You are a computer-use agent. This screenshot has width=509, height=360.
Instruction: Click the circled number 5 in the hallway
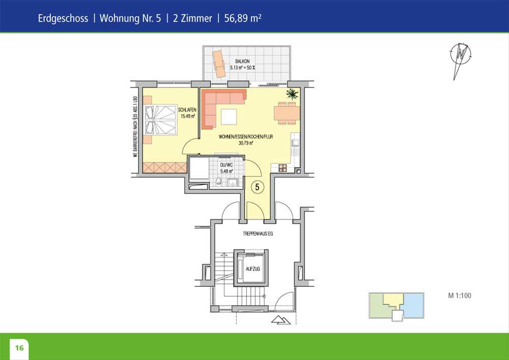coord(257,187)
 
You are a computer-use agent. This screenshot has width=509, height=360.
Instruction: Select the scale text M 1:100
coord(459,295)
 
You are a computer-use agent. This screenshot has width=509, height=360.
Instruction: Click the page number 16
coord(20,348)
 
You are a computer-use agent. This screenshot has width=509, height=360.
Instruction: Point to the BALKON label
coord(242,61)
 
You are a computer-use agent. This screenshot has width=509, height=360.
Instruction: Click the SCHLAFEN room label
coord(187,110)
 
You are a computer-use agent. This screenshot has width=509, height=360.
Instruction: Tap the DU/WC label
coord(227,165)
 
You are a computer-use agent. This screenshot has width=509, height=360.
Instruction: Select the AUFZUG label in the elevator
coord(253,269)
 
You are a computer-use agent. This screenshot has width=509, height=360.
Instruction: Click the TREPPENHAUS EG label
coord(258,233)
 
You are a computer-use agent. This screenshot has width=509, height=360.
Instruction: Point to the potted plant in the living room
coord(292,93)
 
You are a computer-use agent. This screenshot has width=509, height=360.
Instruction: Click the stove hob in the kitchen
coord(282,168)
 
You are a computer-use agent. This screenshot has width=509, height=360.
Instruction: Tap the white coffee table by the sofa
coord(229,117)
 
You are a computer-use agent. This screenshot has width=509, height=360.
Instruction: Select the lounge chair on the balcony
coord(219,64)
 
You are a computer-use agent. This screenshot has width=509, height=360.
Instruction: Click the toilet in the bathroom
coord(218,181)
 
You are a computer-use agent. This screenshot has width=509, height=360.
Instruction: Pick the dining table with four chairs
coord(287,113)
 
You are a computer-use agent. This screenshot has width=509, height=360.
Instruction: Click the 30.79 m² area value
coord(246,143)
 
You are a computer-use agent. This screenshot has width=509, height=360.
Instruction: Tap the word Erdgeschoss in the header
coord(63,18)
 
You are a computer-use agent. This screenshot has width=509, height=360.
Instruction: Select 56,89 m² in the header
coord(243,18)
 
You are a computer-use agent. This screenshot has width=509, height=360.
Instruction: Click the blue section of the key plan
coord(412,305)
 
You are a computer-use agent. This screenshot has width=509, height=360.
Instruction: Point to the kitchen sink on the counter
coord(295,143)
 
